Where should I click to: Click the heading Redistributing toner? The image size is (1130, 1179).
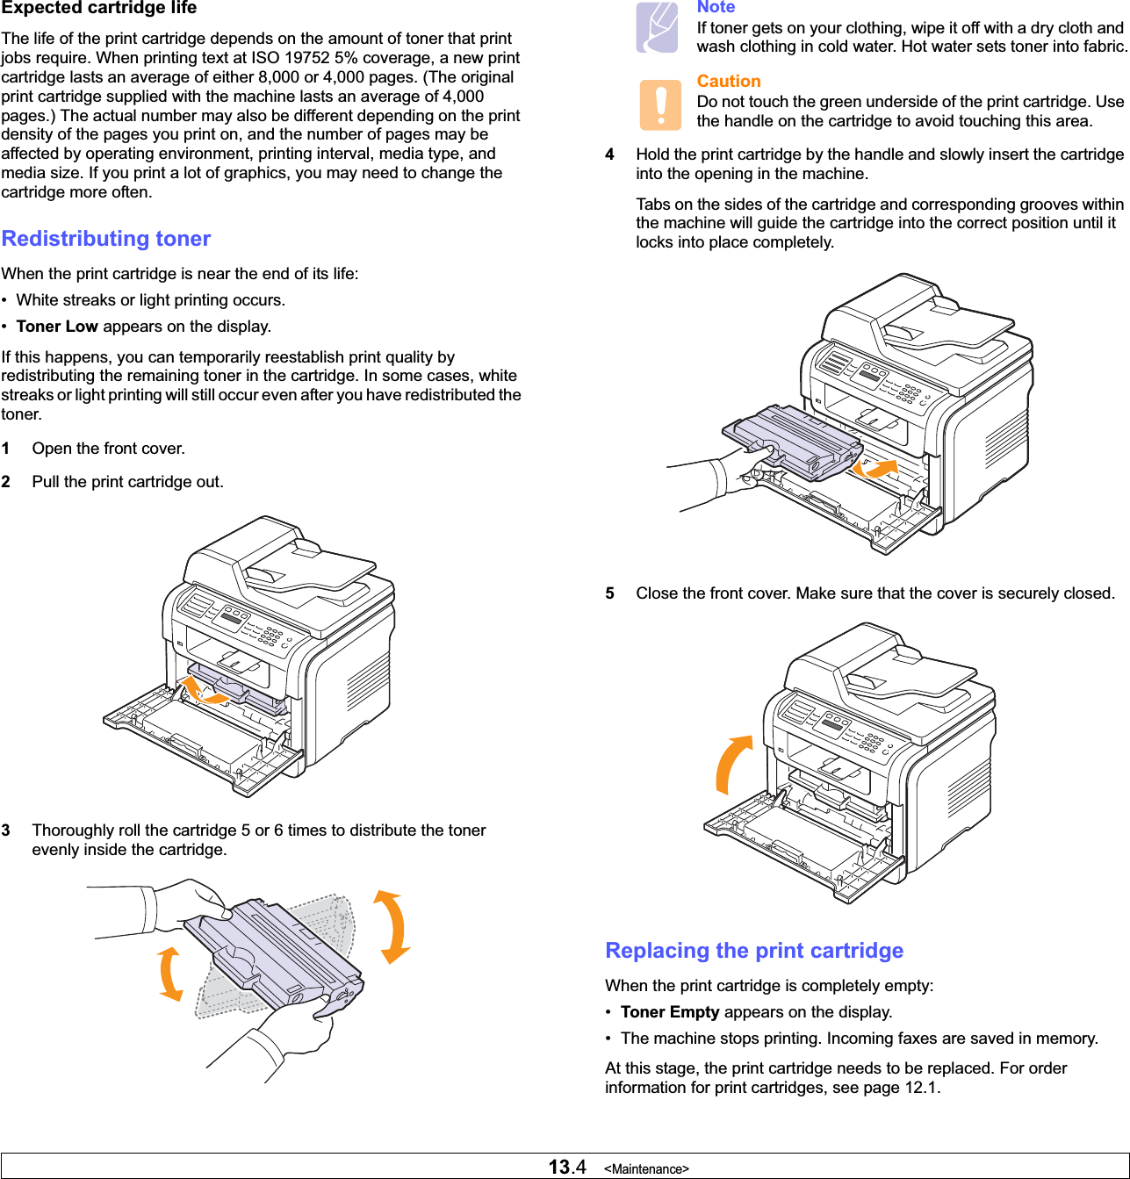(106, 239)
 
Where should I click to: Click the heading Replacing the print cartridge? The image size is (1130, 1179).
(754, 951)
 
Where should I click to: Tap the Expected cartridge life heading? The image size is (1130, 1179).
(99, 9)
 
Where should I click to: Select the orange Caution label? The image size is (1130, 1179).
(729, 82)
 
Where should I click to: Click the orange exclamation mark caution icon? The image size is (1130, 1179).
(660, 104)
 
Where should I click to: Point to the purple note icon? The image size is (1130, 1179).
(658, 27)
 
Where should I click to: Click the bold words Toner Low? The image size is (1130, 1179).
(57, 327)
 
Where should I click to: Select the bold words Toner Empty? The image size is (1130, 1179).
(670, 1012)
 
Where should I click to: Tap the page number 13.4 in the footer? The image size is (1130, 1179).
(567, 1167)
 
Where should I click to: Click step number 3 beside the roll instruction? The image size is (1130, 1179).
(6, 830)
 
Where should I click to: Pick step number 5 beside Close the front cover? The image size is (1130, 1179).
(609, 593)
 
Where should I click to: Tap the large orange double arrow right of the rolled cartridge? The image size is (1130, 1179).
(392, 927)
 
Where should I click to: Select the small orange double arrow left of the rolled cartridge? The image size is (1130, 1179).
(170, 974)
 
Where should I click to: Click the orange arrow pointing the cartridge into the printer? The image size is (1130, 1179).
(877, 468)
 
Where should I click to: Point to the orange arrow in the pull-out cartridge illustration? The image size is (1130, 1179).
(202, 691)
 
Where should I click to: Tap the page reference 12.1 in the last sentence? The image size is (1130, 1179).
(921, 1088)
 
